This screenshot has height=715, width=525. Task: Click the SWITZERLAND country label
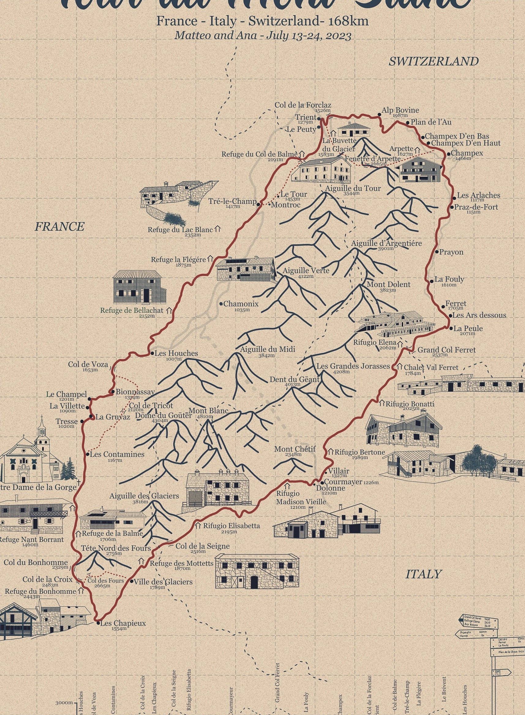click(x=433, y=61)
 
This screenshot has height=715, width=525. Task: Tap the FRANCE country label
click(x=59, y=227)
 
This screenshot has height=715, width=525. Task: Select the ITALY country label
click(x=424, y=574)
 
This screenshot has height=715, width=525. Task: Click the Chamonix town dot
click(x=221, y=304)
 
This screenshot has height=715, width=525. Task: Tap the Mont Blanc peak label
click(x=208, y=411)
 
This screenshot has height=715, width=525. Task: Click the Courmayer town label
click(x=343, y=482)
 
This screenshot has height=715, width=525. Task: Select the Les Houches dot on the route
click(x=152, y=353)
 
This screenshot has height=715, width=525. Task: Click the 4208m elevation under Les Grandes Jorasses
click(x=341, y=372)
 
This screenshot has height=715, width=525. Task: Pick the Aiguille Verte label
click(x=306, y=271)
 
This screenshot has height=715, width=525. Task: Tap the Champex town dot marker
click(x=448, y=154)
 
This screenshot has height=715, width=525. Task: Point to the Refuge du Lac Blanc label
click(x=180, y=230)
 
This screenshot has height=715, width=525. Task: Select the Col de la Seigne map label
click(x=202, y=546)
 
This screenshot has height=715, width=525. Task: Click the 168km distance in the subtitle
click(x=348, y=21)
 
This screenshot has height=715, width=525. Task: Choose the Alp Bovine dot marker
click(x=379, y=114)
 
